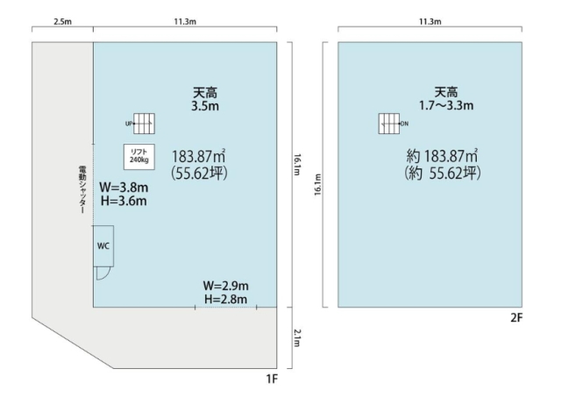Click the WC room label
103,246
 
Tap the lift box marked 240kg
139,156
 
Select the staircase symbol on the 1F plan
144,124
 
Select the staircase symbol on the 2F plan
389,124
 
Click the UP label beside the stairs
129,124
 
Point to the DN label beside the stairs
405,124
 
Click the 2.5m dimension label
62,21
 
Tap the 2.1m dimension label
297,338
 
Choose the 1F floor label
272,379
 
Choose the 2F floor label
516,317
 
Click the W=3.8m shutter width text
124,188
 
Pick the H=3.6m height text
124,201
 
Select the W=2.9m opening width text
226,286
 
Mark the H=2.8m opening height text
226,299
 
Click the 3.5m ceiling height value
205,106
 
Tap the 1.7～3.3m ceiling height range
446,105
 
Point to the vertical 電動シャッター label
82,189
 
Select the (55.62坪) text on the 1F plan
199,174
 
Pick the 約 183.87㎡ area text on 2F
442,156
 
